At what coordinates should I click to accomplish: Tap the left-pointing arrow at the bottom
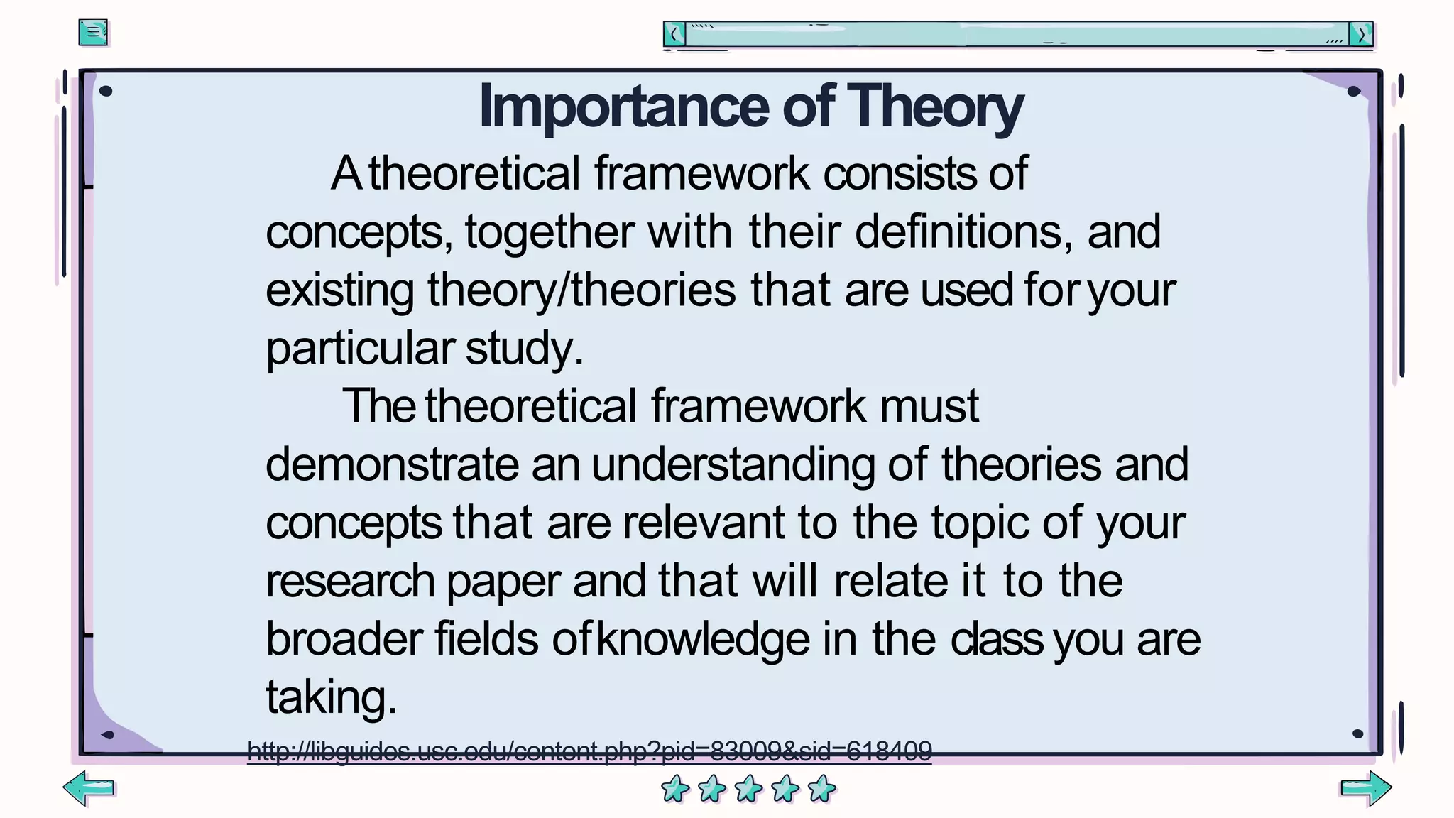89,787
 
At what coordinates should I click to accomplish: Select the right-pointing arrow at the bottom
1365,787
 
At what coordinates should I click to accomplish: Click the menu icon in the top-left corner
93,33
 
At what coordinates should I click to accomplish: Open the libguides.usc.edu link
589,751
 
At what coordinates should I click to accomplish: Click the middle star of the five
748,789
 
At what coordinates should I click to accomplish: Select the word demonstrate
392,464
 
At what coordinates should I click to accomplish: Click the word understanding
733,464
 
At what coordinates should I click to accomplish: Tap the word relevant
704,523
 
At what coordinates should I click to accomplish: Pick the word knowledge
703,639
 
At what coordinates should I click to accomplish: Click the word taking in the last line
331,697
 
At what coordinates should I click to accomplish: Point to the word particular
360,349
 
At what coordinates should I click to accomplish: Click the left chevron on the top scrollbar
674,34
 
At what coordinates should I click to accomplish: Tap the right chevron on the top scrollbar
1361,34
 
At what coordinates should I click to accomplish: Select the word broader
344,639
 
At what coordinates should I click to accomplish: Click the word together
550,232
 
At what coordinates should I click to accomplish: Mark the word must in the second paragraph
929,406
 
